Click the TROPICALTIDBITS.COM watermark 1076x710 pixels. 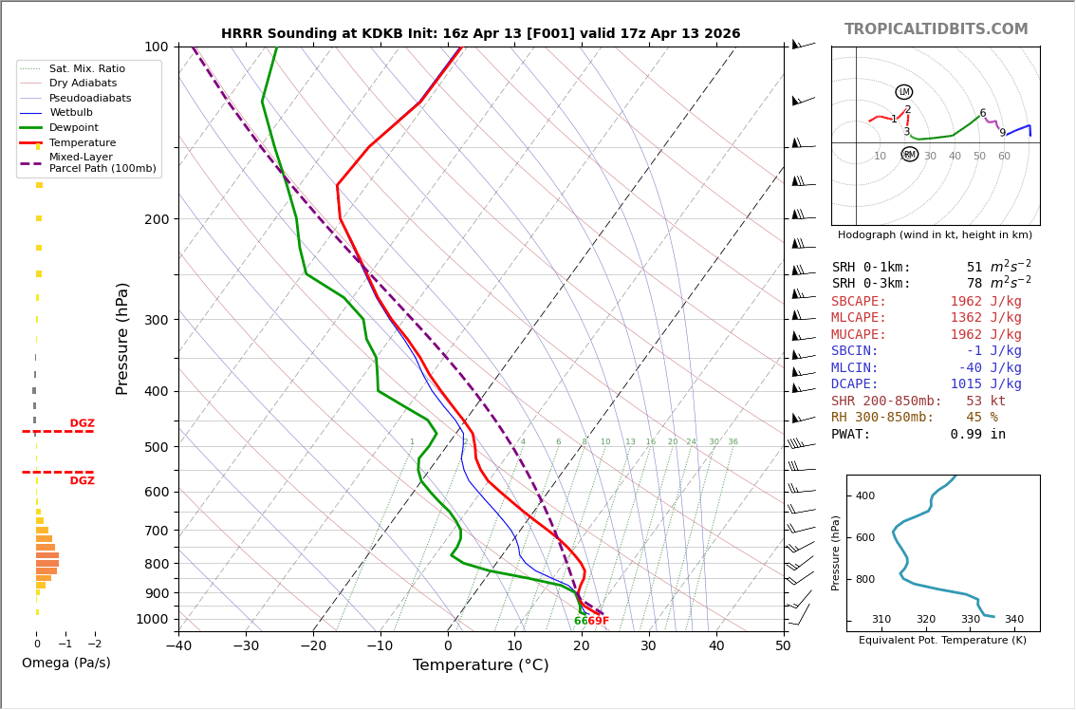[936, 29]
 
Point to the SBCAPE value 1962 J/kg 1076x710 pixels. [985, 301]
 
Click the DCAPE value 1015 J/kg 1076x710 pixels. [985, 384]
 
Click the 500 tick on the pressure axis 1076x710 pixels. [155, 447]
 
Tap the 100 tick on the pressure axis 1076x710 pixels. [155, 47]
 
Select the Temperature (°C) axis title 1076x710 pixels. [480, 665]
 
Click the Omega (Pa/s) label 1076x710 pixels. [65, 663]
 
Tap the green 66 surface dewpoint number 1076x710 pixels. [580, 621]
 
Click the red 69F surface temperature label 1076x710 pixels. [598, 621]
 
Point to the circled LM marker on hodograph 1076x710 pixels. [903, 92]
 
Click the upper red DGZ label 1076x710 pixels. [82, 423]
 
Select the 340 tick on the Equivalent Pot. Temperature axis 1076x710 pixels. [1013, 620]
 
